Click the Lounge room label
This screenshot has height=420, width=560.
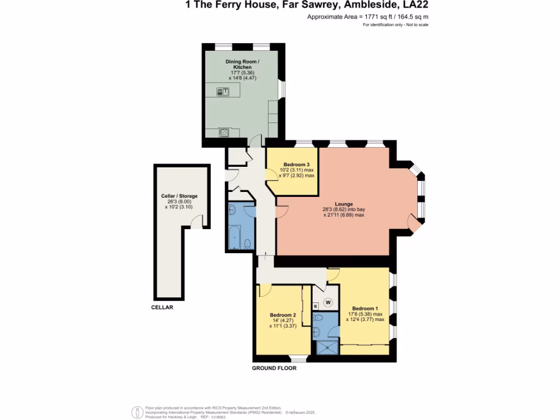pos(344,204)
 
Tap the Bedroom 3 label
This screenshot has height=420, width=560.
pos(297,165)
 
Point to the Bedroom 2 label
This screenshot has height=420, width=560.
pos(283,315)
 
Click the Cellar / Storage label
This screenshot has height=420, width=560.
pos(179,196)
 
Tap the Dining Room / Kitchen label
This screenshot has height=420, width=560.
pos(242,63)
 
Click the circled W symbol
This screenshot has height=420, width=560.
pos(329,302)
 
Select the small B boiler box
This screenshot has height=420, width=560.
pos(315,305)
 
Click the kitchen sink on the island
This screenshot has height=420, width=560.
pos(224,92)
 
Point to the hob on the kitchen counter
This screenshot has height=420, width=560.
pos(224,131)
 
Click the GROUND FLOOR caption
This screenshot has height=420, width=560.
pos(274,368)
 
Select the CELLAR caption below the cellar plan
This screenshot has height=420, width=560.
pos(162,307)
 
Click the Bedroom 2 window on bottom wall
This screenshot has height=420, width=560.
pos(298,359)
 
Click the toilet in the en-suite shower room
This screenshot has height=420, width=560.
pos(319,318)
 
